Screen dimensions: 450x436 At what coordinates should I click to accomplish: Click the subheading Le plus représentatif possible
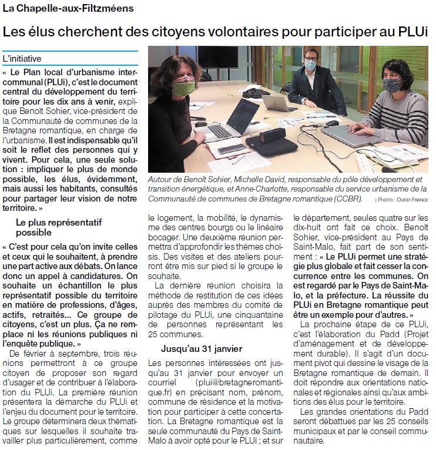click(59, 228)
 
